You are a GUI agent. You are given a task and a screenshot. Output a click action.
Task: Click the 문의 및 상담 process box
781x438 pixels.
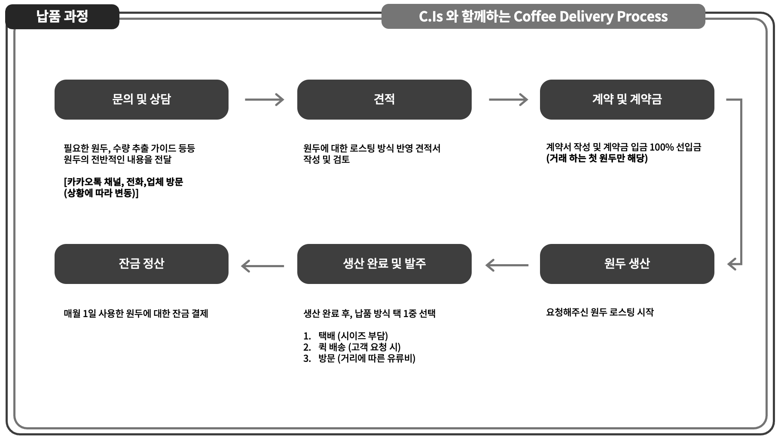tap(141, 99)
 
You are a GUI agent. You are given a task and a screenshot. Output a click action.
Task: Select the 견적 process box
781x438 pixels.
tap(384, 99)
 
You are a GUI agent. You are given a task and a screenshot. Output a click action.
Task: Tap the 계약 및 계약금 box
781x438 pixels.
tap(627, 99)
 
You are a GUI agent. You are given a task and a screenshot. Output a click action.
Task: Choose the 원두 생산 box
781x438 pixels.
tap(627, 264)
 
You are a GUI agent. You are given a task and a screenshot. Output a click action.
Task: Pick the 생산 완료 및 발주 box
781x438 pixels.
tap(384, 264)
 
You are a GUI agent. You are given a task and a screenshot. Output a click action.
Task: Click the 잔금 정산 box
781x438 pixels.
tap(141, 264)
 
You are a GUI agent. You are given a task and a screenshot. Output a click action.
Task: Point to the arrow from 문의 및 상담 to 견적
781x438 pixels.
tap(264, 99)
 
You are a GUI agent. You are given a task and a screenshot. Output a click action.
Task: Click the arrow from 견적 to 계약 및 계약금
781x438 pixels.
tap(508, 99)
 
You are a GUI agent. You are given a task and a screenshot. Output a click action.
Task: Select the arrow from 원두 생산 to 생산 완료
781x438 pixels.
tap(507, 265)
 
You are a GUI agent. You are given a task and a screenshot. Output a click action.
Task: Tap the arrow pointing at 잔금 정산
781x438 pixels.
tap(262, 266)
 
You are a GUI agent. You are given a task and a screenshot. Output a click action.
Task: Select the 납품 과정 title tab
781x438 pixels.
tap(62, 17)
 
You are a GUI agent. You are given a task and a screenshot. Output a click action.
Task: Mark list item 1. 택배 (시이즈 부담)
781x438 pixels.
tap(346, 336)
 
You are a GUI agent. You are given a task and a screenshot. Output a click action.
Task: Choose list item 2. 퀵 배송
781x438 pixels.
tap(352, 347)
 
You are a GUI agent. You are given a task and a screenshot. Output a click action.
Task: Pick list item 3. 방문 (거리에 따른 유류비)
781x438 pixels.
tap(360, 358)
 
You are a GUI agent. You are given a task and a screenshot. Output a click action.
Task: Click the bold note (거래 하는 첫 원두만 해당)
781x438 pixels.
tap(597, 158)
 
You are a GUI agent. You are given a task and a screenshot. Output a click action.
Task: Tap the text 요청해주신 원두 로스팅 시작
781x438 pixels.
tap(600, 312)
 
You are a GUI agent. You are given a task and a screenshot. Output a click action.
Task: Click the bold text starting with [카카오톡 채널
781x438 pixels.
tap(123, 182)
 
